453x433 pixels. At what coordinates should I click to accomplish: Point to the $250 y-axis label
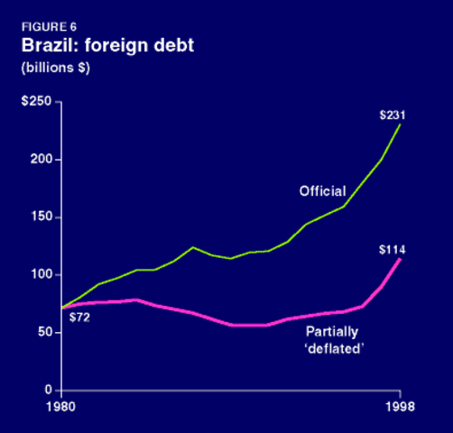(38, 102)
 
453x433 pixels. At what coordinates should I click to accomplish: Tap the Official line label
(321, 192)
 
